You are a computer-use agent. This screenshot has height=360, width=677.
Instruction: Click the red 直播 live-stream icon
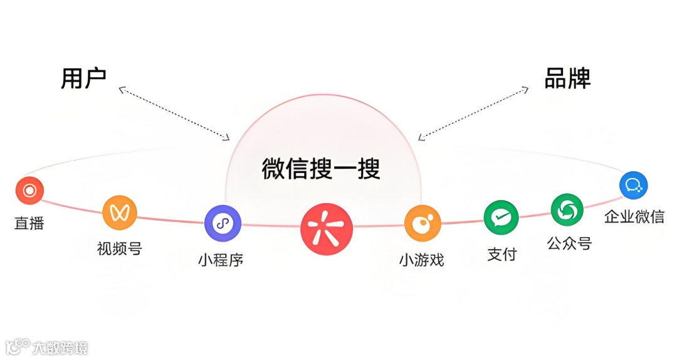point(29,190)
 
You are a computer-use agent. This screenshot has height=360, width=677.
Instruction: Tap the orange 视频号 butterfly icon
point(120,213)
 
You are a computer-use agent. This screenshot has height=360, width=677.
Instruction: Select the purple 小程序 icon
point(223,223)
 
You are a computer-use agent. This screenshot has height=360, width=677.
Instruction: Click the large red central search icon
point(326,228)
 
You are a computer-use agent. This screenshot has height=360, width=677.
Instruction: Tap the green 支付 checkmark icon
point(501,218)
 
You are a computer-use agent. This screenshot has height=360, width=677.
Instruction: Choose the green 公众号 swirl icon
point(567,210)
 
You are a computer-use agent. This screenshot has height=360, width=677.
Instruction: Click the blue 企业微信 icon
point(633,185)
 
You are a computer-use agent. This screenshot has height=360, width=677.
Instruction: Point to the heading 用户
point(83,78)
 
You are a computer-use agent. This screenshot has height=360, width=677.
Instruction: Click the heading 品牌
point(567,78)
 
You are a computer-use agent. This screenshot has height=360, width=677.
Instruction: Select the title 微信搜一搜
point(321,169)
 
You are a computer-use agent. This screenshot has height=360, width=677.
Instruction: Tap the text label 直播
point(29,223)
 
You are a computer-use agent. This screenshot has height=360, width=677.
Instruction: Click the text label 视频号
point(120,248)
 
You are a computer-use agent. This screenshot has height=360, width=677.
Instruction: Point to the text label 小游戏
point(421,260)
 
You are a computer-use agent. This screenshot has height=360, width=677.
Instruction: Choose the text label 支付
point(501,254)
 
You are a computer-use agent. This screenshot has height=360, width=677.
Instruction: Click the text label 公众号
point(569,243)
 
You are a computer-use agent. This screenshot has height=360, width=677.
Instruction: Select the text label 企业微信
point(634,217)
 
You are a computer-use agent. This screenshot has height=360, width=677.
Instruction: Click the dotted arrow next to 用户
point(174,113)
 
